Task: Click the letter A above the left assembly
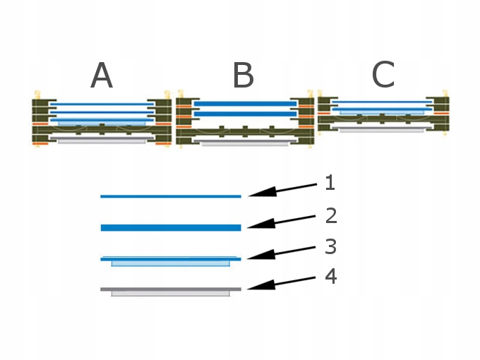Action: pyautogui.click(x=102, y=76)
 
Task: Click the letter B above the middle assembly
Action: pyautogui.click(x=243, y=76)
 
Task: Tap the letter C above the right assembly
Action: pyautogui.click(x=383, y=75)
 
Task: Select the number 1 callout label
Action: pyautogui.click(x=330, y=184)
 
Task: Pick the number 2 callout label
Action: pyautogui.click(x=330, y=215)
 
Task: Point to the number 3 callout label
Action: pyautogui.click(x=330, y=246)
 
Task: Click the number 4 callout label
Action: pyautogui.click(x=330, y=276)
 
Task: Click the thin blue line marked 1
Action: pyautogui.click(x=171, y=196)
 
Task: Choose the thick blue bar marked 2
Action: pyautogui.click(x=171, y=227)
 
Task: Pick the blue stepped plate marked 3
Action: pyautogui.click(x=171, y=260)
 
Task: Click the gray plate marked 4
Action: pyautogui.click(x=171, y=289)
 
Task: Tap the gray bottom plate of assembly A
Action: pyautogui.click(x=102, y=141)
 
